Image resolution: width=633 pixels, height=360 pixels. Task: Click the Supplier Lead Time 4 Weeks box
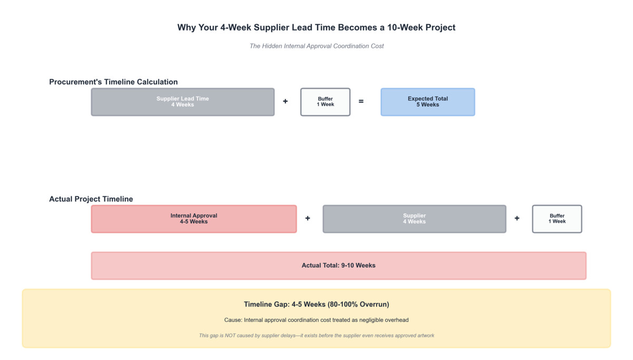click(x=183, y=102)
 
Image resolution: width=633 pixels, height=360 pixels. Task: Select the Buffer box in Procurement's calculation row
click(x=325, y=102)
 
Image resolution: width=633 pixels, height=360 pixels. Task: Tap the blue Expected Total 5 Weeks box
click(x=427, y=102)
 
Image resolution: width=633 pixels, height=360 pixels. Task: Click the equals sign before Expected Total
click(x=361, y=101)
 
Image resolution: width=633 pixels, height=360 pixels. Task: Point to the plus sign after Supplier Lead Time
click(x=285, y=101)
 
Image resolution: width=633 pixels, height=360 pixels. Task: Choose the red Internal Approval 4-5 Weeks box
click(x=194, y=219)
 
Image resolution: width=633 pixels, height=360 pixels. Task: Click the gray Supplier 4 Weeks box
click(x=414, y=219)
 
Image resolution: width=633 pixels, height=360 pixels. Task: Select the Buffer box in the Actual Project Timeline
click(x=557, y=219)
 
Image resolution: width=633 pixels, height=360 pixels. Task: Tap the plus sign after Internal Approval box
click(x=308, y=219)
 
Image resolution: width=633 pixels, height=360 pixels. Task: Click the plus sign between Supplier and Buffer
click(x=517, y=219)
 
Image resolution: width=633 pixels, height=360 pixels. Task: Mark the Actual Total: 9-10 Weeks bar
click(x=338, y=266)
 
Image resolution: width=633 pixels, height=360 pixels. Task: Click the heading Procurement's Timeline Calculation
click(x=113, y=82)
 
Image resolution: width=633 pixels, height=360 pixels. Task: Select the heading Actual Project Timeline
click(x=91, y=199)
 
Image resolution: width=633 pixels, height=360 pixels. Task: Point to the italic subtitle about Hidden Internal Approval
click(x=316, y=46)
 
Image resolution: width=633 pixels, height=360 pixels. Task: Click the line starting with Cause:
click(x=316, y=320)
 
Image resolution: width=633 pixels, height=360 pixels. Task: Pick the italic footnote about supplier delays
click(x=316, y=335)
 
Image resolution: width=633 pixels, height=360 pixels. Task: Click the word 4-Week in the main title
click(x=234, y=27)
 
